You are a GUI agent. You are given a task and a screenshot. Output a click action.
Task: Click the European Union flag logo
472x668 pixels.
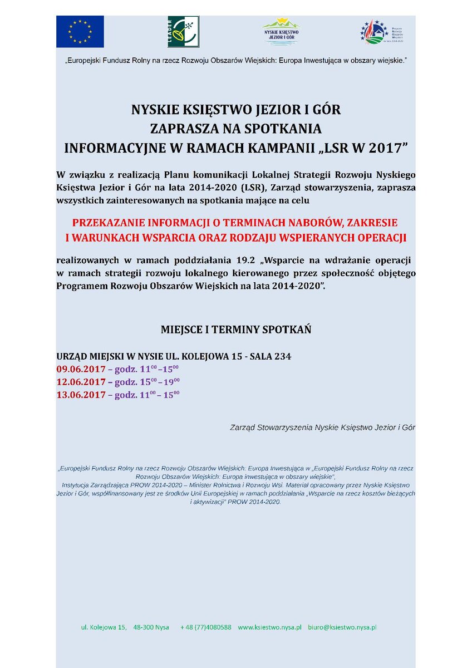click(80, 31)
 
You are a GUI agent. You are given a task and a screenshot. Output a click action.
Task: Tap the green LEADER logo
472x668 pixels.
click(183, 32)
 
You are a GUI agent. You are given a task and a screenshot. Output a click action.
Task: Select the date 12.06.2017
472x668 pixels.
click(81, 382)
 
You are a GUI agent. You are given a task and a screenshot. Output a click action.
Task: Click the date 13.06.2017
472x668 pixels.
click(81, 395)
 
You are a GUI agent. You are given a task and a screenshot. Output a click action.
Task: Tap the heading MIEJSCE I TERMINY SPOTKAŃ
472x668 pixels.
click(236, 329)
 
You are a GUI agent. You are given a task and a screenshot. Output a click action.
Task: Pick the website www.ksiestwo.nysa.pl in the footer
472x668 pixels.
click(269, 627)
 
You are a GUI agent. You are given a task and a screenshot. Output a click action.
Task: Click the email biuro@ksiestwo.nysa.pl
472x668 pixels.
click(342, 627)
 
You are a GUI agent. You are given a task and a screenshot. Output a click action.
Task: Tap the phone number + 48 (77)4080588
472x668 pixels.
click(205, 627)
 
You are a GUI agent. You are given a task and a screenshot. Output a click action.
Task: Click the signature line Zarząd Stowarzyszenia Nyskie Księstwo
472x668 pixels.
click(322, 428)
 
